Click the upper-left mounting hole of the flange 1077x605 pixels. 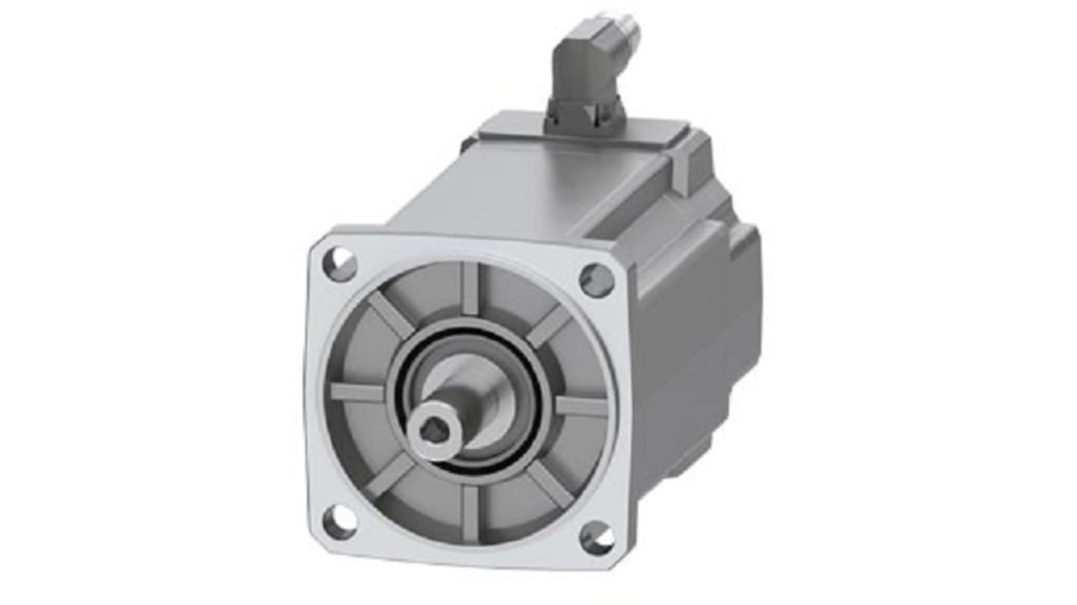[340, 265]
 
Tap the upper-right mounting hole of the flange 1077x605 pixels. [596, 280]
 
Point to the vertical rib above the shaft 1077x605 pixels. [470, 289]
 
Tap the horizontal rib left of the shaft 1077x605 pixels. [357, 393]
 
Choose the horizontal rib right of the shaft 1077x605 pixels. [581, 407]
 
